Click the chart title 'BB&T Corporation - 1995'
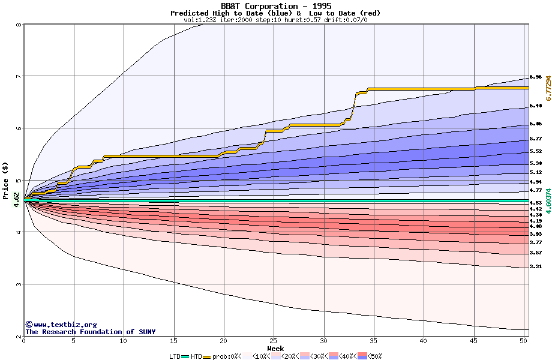[275, 6]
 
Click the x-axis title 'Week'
[275, 348]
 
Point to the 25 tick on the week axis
[274, 341]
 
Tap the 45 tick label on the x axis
[473, 341]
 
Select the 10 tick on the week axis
[124, 341]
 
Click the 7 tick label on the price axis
[19, 76]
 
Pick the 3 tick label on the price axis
[19, 284]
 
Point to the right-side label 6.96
[536, 77]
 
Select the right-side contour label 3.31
[536, 266]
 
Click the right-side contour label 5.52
[536, 152]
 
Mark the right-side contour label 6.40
[536, 106]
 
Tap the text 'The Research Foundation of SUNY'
[90, 332]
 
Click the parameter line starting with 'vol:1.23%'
[275, 20]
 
